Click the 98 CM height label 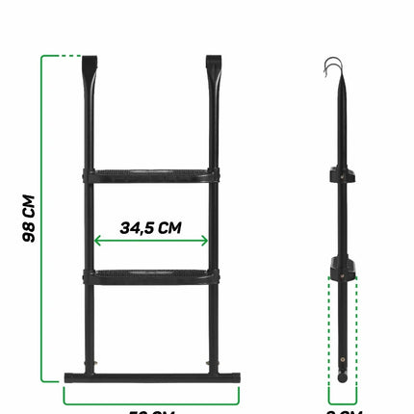pyautogui.click(x=29, y=219)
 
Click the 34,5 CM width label pyautogui.click(x=152, y=228)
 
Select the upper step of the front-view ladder pyautogui.click(x=152, y=175)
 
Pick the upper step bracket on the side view pyautogui.click(x=343, y=176)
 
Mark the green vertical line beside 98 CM pyautogui.click(x=41, y=219)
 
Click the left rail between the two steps pyautogui.click(x=91, y=226)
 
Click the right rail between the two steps pyautogui.click(x=214, y=226)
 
